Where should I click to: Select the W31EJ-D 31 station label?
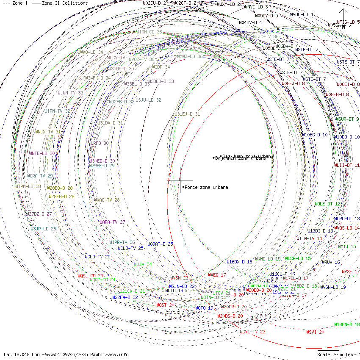pos(187,114)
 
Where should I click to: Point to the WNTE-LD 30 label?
pos(42,153)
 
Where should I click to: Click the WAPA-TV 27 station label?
pos(112,222)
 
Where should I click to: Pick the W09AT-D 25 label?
pos(160,244)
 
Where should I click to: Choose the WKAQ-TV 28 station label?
pos(107,200)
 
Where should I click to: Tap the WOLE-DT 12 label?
pos(327,204)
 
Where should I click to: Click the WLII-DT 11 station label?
pos(347,165)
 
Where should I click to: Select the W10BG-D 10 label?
pos(315,135)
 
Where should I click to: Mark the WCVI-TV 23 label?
pos(253,332)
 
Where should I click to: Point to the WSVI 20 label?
pos(315,332)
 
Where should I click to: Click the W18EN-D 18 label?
pos(347,324)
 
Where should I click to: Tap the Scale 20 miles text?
pos(335,354)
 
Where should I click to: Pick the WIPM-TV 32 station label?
pos(58,111)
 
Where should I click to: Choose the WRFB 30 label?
pos(100,143)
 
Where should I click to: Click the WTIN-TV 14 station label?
pos(309,238)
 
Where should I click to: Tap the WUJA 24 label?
pos(143,264)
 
